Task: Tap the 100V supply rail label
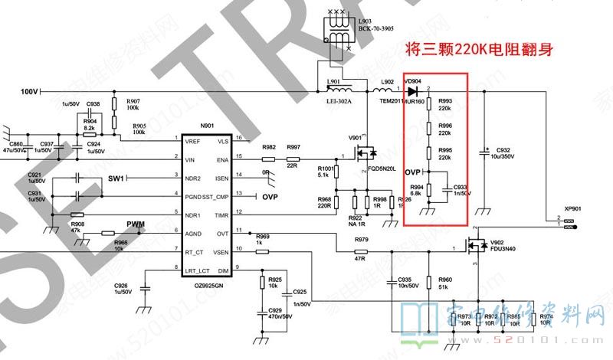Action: (30, 91)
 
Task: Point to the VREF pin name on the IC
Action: (192, 142)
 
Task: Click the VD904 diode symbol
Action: (413, 92)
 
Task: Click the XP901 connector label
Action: (572, 208)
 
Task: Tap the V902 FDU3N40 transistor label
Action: (508, 244)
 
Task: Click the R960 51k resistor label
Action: (445, 283)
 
